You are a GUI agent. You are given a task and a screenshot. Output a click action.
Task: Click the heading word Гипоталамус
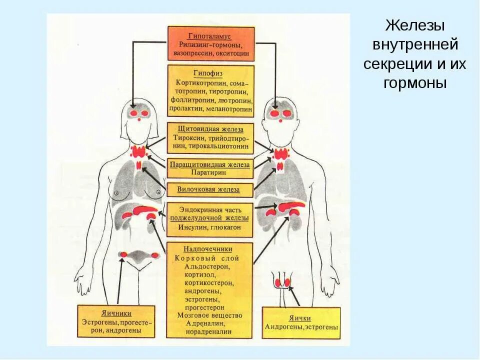(x=210, y=36)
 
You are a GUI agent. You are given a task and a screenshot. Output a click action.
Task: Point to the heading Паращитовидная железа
(x=209, y=164)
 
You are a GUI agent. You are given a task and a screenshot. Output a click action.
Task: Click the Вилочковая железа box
(x=209, y=189)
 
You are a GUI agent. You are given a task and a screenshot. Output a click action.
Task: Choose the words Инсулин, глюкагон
(x=209, y=227)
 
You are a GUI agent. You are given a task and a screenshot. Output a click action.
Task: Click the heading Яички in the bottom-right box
(x=300, y=318)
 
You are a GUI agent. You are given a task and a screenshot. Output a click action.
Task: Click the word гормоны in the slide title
(x=415, y=82)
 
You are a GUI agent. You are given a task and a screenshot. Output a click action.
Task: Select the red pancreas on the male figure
(x=290, y=206)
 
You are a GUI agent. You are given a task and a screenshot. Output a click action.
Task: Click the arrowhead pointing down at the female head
(x=133, y=105)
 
